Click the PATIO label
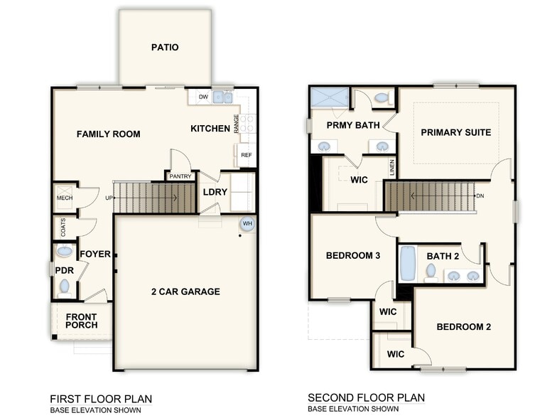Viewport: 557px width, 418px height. [x=165, y=48]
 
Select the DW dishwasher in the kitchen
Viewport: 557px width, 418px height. [x=202, y=97]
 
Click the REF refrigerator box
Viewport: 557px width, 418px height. [x=246, y=155]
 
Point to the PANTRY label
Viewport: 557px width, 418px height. [x=180, y=176]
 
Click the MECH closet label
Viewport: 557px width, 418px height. [x=63, y=198]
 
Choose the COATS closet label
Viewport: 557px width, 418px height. [x=63, y=227]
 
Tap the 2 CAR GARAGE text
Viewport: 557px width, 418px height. [x=185, y=291]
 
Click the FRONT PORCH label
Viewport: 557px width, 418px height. [x=82, y=321]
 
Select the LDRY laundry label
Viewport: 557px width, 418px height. [x=215, y=192]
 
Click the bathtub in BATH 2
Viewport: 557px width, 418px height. [x=408, y=264]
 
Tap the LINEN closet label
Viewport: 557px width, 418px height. [x=391, y=168]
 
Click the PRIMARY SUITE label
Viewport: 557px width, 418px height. [x=455, y=132]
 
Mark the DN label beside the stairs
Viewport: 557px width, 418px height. [x=480, y=195]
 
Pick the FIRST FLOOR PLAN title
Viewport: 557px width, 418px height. [x=100, y=399]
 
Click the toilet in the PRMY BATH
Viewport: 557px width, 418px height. [x=382, y=97]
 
